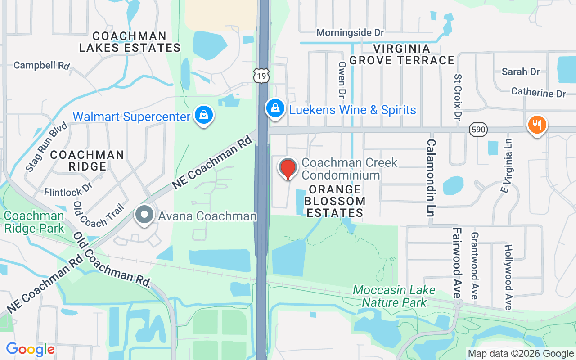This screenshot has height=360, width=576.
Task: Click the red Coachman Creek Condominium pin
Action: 288,169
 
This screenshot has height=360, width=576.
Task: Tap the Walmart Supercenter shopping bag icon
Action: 204,115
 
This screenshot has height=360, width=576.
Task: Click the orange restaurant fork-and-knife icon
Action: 536,125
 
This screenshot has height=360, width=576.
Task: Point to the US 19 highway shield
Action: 261,76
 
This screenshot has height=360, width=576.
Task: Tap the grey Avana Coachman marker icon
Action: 144,215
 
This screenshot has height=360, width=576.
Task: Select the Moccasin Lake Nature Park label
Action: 394,296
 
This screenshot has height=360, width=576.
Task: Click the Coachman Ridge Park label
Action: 34,222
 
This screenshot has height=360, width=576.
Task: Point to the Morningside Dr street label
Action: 350,33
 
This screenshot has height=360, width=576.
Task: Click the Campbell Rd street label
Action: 41,65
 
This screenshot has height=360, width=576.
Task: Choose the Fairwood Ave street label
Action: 458,263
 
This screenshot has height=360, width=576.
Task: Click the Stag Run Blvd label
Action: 46,146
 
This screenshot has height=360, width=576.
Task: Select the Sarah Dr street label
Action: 521,72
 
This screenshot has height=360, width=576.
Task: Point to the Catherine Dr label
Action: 538,93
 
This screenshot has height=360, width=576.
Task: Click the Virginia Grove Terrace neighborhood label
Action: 402,54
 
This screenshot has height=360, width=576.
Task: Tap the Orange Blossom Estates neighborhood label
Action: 335,201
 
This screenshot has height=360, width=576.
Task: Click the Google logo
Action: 30,349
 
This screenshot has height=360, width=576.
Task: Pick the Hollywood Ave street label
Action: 508,277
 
